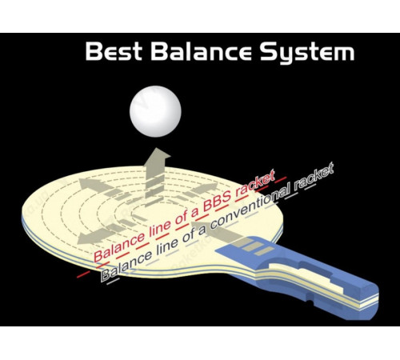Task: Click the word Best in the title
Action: (x=114, y=51)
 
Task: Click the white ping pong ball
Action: (x=155, y=111)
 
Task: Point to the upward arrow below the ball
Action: (x=155, y=174)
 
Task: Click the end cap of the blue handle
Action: (x=370, y=302)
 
